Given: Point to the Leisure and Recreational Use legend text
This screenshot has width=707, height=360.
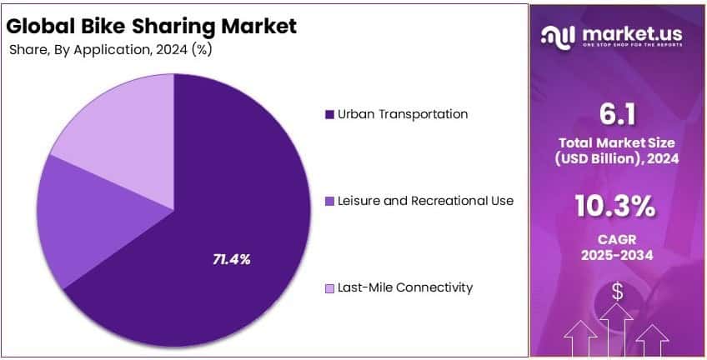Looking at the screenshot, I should point(426,201).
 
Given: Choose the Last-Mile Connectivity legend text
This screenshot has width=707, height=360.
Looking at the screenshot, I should point(405,287).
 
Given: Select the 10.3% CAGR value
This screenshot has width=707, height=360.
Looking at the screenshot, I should point(618,205).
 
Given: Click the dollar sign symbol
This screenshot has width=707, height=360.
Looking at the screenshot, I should point(618,292).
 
